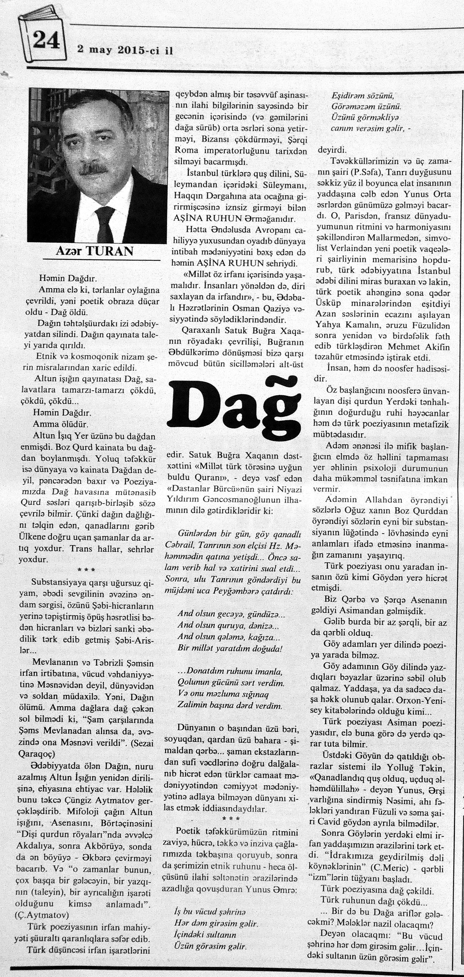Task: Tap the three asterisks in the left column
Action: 86,570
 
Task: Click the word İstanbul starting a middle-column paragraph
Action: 203,174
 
